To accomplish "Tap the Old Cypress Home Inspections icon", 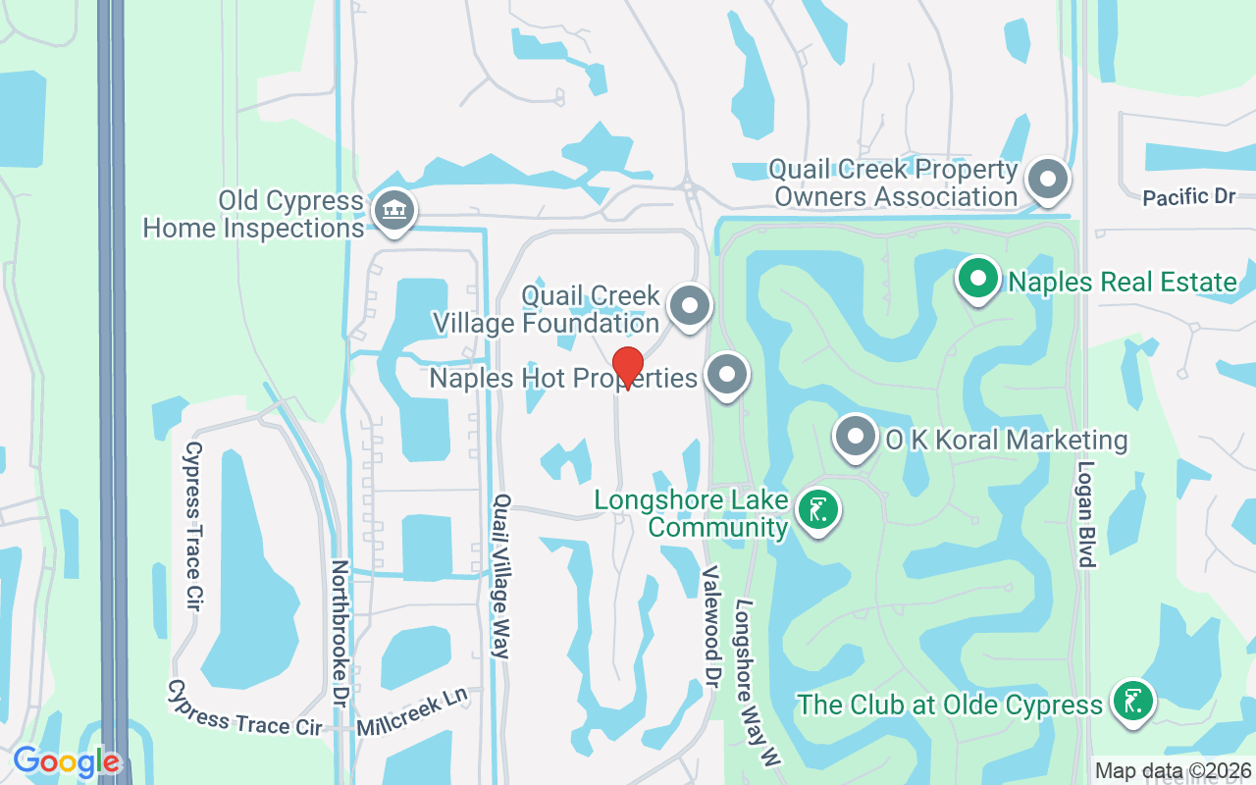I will tap(393, 211).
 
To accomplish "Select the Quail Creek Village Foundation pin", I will tap(690, 306).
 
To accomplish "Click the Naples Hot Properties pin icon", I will tap(727, 376).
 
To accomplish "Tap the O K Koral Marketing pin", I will tap(856, 438).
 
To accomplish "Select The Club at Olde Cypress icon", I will tap(1132, 702).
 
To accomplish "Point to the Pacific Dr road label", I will tap(1188, 197).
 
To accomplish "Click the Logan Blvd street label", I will tap(1085, 514).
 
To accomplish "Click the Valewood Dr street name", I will tap(711, 625).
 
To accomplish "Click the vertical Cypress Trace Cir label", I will tap(192, 527).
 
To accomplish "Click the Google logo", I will tap(66, 761).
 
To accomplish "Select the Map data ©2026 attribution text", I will tap(1173, 771).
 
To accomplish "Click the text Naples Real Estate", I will tap(1123, 283).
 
